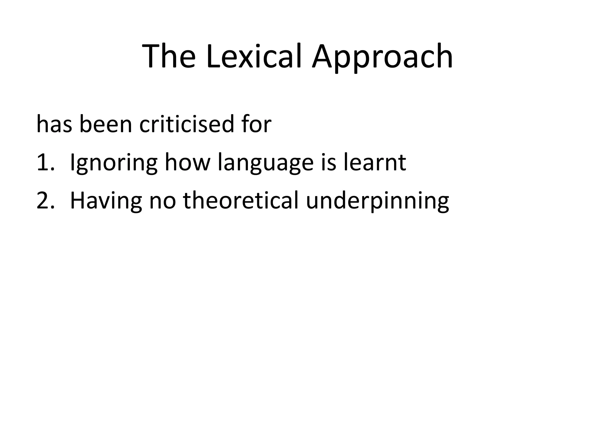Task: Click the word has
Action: (54, 124)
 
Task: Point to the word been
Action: (106, 124)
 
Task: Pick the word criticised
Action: (187, 124)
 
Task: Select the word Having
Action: (106, 201)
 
